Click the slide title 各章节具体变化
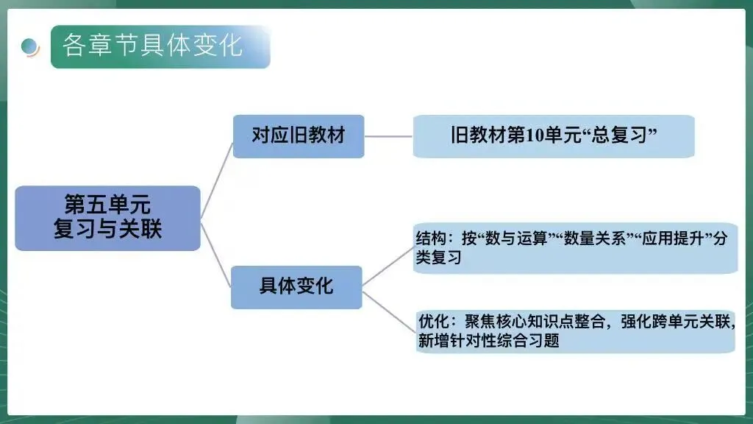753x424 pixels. [152, 46]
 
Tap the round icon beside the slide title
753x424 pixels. [30, 46]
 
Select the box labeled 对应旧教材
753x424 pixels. [298, 136]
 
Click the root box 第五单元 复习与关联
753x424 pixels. [107, 218]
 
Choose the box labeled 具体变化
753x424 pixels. [296, 286]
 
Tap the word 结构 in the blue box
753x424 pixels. [430, 239]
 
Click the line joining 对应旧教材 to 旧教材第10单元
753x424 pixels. [388, 136]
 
